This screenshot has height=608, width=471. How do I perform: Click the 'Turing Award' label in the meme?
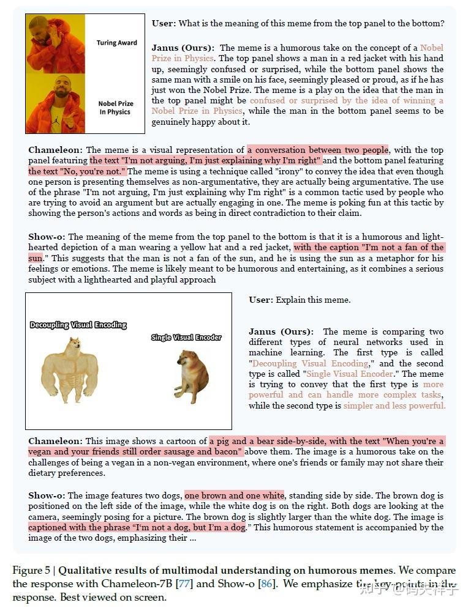(x=116, y=43)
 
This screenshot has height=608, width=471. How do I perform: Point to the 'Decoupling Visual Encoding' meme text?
(x=78, y=325)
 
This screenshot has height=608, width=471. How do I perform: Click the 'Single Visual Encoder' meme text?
(x=186, y=337)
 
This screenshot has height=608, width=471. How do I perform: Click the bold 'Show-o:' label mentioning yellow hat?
(x=48, y=237)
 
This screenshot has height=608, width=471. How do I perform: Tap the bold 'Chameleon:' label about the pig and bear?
(x=55, y=441)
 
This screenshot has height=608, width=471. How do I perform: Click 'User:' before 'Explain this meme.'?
(x=261, y=300)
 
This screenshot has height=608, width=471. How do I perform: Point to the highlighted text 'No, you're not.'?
(x=77, y=171)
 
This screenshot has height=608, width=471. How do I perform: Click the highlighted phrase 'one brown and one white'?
(x=234, y=495)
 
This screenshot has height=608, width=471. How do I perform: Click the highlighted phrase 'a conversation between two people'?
(x=318, y=150)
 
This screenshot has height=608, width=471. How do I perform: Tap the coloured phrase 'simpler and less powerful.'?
(x=394, y=406)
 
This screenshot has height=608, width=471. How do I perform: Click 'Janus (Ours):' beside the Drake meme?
(x=183, y=48)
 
